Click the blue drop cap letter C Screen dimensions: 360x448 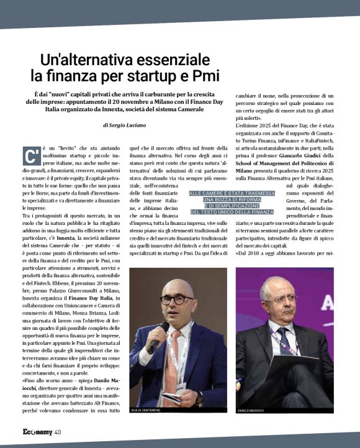coord(29,155)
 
